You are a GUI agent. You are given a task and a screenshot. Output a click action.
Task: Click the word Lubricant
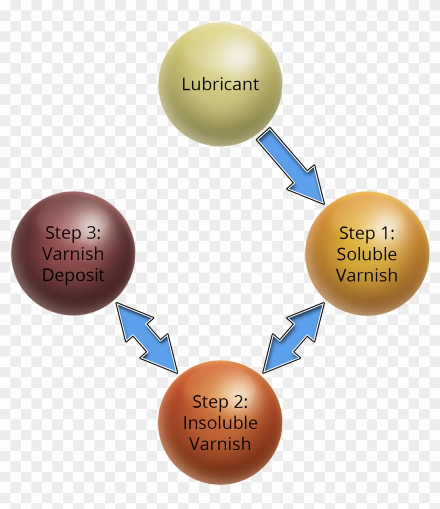(221, 84)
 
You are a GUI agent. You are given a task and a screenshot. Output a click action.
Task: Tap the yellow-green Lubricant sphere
(221, 84)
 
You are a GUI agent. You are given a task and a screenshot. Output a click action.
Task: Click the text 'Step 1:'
(367, 233)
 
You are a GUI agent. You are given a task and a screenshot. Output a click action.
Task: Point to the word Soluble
(367, 254)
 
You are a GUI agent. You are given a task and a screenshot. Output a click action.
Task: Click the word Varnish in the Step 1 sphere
(367, 275)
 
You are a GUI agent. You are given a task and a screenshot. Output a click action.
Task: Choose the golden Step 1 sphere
(367, 254)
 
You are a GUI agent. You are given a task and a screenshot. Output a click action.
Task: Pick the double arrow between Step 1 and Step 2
(294, 338)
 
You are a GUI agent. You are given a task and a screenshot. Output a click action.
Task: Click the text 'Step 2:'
(221, 402)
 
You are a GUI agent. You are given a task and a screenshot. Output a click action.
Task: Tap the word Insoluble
(221, 423)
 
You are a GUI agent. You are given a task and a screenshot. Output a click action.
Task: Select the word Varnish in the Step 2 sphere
(221, 444)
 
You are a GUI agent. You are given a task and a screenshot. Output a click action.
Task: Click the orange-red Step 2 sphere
(221, 423)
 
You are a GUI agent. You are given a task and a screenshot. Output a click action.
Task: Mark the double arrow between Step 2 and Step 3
(147, 338)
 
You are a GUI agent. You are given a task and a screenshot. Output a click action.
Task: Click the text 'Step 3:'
(73, 233)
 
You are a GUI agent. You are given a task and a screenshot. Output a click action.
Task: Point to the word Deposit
(73, 276)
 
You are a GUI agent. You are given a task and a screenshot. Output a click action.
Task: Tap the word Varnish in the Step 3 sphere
(73, 254)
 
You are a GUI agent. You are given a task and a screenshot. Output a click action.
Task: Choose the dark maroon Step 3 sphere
(73, 254)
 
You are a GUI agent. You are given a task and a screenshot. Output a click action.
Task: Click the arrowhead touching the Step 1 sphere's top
(308, 187)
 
